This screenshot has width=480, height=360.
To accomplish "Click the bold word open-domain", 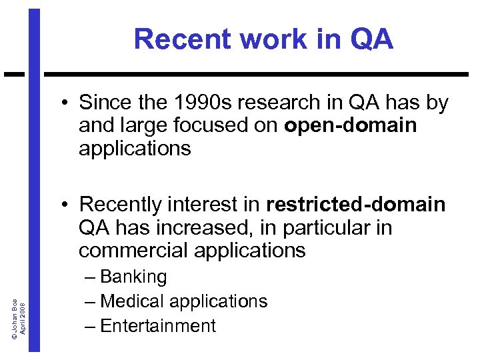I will [350, 125].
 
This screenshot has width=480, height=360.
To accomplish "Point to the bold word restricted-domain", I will [355, 205].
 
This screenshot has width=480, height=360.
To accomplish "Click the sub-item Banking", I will [133, 277].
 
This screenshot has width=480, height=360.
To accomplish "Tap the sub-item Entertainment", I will [158, 325].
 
